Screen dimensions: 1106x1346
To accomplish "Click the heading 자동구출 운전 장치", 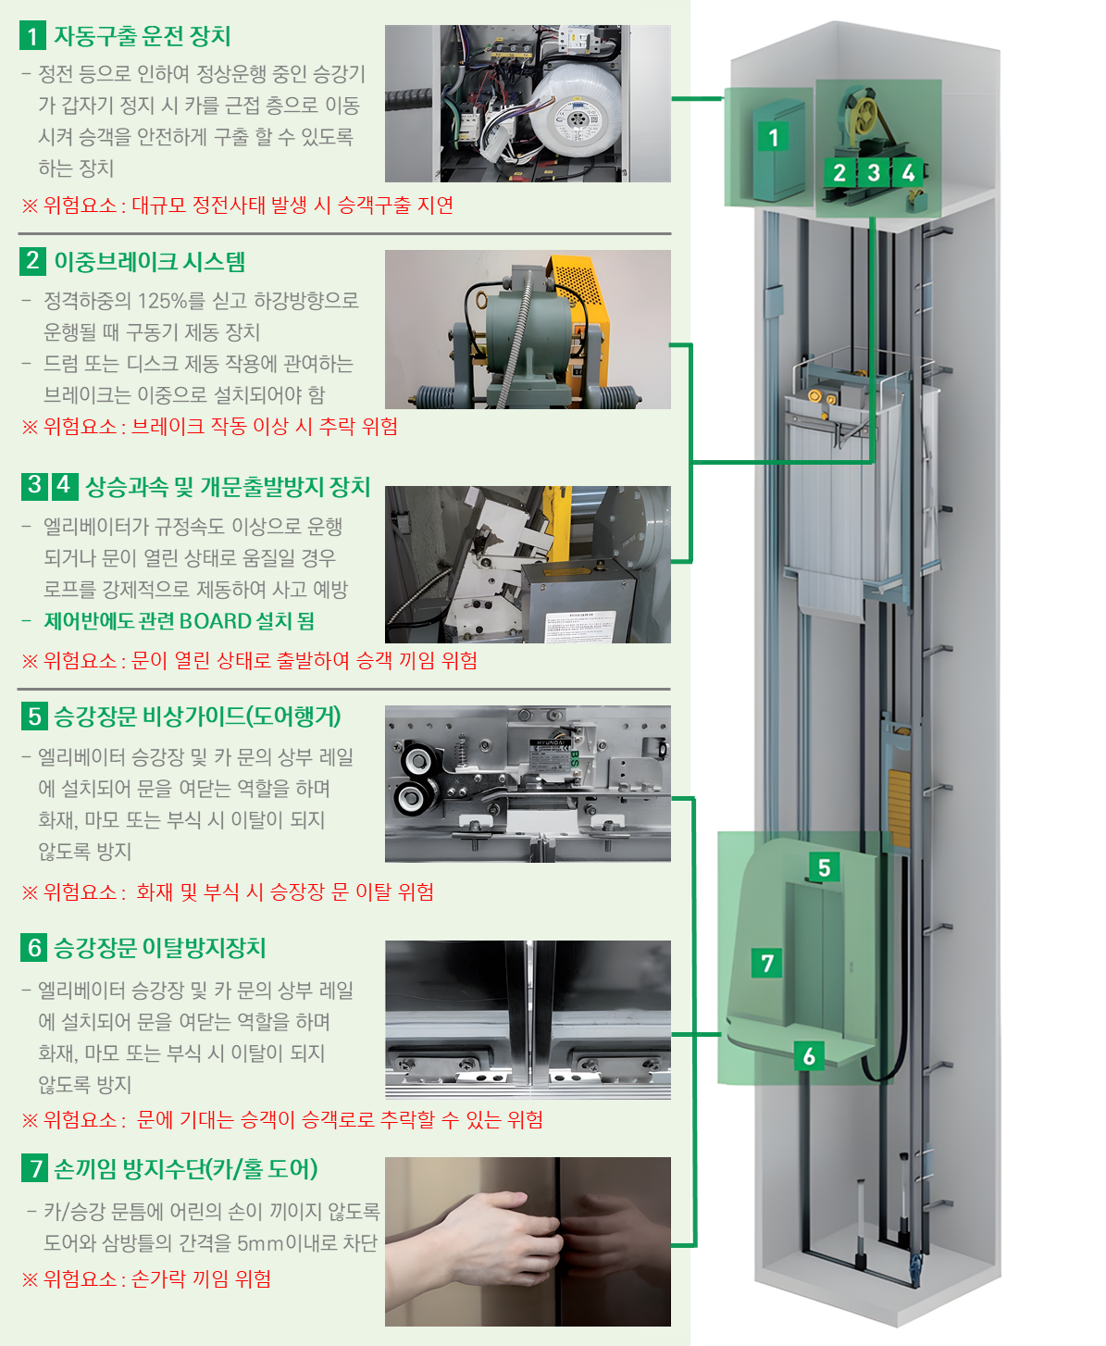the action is coord(142,36).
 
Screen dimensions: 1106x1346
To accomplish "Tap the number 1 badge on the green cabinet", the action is coord(773,137).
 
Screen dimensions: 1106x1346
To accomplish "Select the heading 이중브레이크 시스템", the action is coord(149,262).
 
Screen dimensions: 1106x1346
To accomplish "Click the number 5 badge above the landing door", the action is coord(824,867).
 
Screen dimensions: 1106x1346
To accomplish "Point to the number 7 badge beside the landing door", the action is coord(767,963).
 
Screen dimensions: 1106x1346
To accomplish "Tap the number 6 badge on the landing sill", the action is coord(809,1055).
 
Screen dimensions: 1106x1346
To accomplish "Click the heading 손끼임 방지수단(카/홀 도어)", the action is coord(185,1169).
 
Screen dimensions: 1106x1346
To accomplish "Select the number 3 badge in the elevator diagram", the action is coord(874,172).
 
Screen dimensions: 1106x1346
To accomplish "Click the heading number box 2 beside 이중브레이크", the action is coord(32,261).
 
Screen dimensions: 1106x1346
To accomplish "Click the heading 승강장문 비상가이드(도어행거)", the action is coord(197,717).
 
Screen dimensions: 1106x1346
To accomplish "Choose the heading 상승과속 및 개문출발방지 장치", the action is coord(228,487).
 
